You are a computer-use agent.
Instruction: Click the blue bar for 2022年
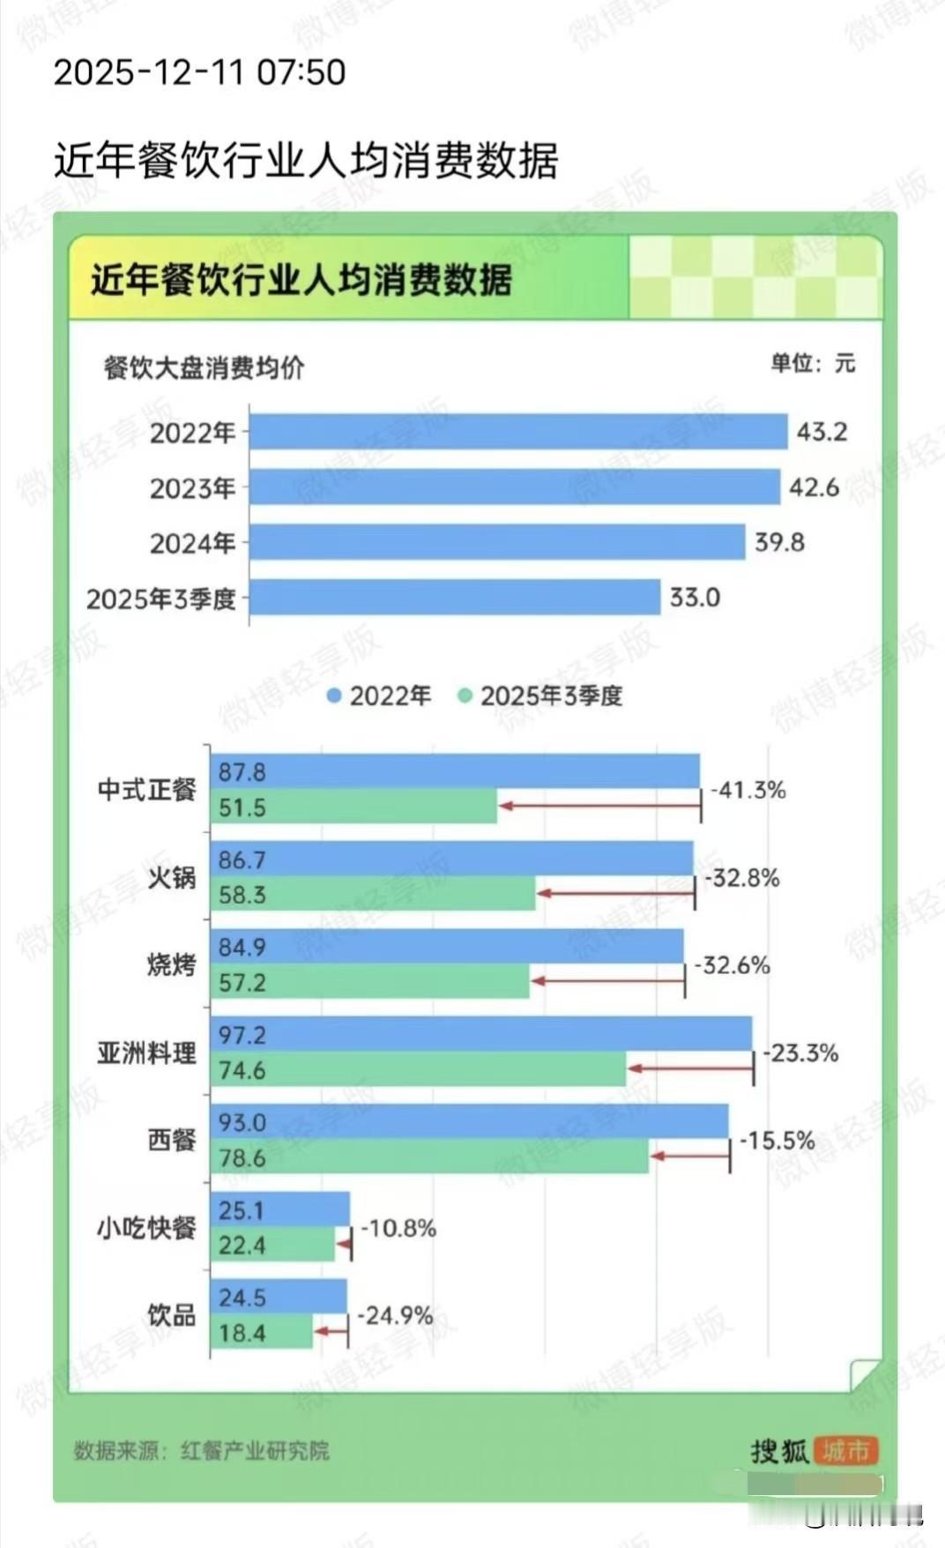tap(518, 432)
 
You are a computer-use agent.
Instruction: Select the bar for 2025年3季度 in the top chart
tap(455, 597)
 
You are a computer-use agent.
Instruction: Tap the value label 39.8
tap(779, 542)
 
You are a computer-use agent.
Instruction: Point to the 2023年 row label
tap(192, 487)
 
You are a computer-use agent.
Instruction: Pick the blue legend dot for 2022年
tap(334, 696)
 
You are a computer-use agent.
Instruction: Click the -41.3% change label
tap(748, 789)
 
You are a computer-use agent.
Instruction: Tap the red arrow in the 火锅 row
tap(615, 893)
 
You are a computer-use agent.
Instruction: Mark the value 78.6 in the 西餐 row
tap(242, 1157)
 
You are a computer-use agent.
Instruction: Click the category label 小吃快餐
tap(146, 1227)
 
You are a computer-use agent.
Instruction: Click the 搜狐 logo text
tap(779, 1450)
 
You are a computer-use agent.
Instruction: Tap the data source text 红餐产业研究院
tap(255, 1450)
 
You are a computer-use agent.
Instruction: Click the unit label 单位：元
tap(812, 362)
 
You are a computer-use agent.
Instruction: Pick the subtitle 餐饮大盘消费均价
tap(204, 367)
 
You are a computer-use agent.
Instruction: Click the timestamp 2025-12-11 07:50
tap(199, 72)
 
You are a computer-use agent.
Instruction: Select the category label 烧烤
tap(171, 964)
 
